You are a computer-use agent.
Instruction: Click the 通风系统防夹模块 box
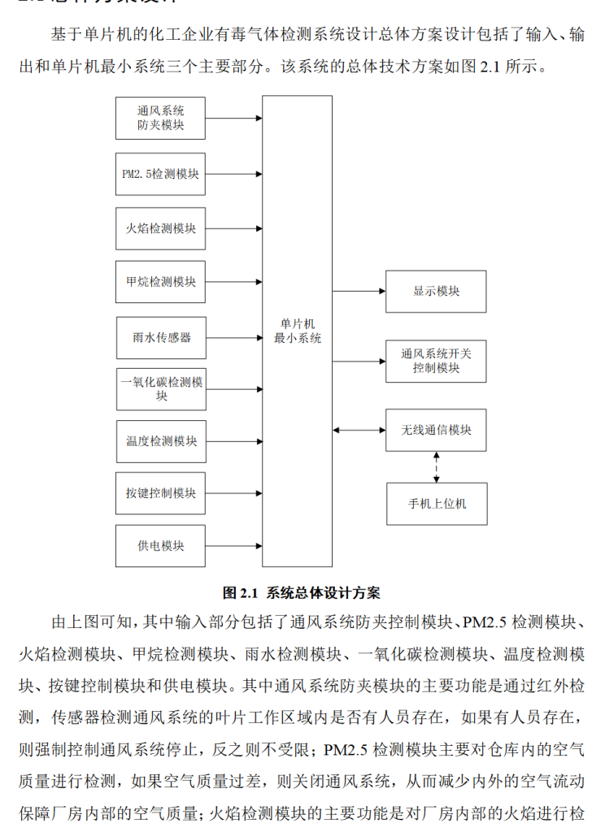pos(160,119)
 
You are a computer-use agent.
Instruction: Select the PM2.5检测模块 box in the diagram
pos(160,174)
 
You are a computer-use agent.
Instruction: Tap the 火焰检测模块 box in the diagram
pos(160,228)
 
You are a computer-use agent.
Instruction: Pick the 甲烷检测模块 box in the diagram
pos(160,283)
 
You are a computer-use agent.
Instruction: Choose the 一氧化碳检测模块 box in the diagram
pos(160,389)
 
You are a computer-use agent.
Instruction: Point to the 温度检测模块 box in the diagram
pos(160,441)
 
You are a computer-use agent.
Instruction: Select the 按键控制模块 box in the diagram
pos(160,493)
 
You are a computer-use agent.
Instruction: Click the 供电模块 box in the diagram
pos(160,546)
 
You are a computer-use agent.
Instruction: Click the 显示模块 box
pos(436,291)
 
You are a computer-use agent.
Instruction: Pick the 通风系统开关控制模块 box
pos(436,361)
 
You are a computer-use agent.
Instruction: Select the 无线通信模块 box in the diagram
pos(436,430)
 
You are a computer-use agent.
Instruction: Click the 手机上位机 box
pos(436,504)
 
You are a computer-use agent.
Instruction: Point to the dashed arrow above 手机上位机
pos(437,466)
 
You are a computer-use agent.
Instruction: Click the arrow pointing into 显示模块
pos(359,291)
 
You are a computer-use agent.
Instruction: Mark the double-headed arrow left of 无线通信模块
pos(359,430)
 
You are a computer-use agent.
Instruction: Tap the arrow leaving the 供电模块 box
pos(233,546)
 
